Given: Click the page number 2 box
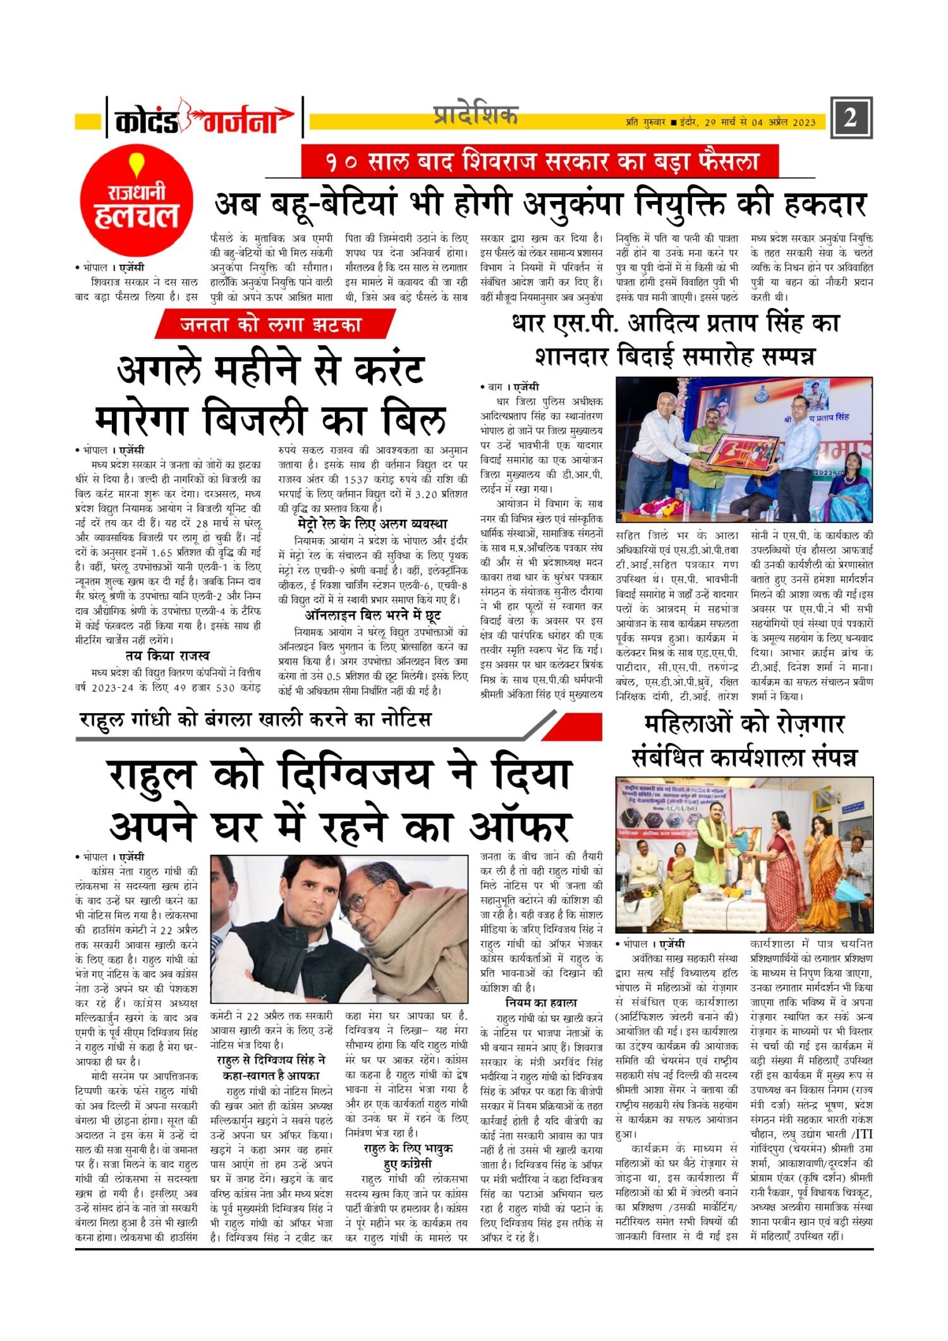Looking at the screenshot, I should (851, 118).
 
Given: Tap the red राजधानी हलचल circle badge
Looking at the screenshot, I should (137, 200).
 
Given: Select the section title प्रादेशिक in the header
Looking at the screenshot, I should (475, 116).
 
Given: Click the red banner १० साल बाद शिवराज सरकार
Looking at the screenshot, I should (540, 161).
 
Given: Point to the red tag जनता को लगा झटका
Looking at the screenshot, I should (272, 325).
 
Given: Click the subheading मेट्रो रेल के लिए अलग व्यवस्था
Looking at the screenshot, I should (372, 524).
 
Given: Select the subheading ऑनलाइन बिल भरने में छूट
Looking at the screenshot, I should (372, 615).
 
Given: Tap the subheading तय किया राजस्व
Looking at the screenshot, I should (167, 656).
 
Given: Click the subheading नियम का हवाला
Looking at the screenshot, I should (541, 1003).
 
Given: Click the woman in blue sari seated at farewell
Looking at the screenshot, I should (849, 484).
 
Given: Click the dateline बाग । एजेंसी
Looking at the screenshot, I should (509, 387).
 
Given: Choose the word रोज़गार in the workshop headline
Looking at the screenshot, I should (799, 724).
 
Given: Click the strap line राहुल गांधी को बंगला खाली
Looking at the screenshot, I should (255, 720).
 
